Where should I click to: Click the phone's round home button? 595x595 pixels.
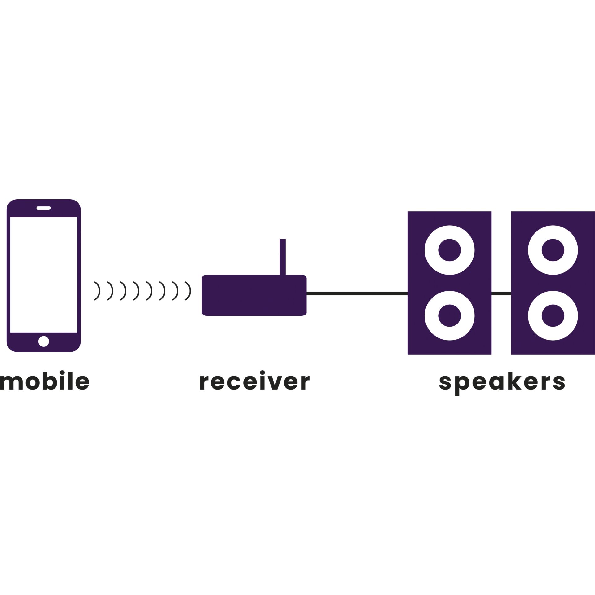tap(43, 342)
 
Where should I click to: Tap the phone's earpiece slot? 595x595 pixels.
tap(43, 208)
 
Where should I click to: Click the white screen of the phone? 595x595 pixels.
tap(43, 275)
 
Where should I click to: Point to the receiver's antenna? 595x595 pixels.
tap(282, 257)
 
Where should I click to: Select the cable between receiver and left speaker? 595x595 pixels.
tap(357, 293)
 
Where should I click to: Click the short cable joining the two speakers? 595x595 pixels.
tap(501, 293)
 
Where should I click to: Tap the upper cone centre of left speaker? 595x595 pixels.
tap(449, 250)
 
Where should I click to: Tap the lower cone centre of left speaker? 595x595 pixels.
tap(449, 316)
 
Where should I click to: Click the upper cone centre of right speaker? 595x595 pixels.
tap(553, 250)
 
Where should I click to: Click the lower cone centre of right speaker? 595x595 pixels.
tap(553, 316)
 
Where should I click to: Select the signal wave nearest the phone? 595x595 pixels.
tap(98, 291)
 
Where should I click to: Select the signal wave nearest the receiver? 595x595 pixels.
tap(188, 291)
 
